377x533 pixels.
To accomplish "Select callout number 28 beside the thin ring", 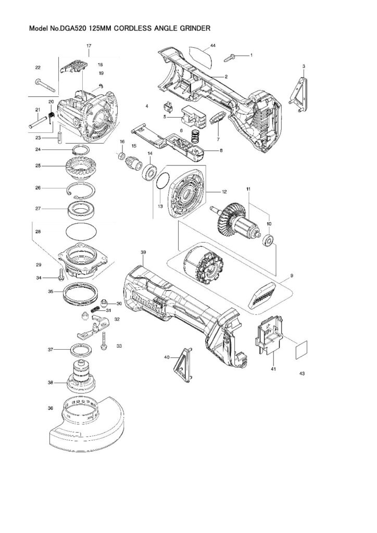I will (38, 231).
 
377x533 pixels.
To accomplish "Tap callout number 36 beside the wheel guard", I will (50, 408).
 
